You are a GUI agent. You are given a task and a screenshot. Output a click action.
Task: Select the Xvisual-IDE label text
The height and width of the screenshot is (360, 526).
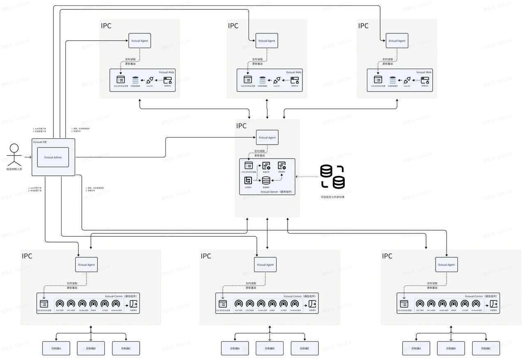40,142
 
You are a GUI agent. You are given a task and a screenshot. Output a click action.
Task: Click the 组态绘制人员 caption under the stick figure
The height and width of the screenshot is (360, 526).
14,169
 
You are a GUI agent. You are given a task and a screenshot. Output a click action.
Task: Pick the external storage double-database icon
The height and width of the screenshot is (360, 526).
332,176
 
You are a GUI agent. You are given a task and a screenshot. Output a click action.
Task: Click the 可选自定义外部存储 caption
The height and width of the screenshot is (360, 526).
332,197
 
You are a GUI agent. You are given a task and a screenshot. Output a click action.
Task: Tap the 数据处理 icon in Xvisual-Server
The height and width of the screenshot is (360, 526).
266,166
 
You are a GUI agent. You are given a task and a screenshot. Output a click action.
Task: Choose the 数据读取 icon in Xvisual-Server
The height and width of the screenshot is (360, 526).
281,166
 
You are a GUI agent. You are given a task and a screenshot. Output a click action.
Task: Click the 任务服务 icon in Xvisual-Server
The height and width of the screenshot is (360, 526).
248,180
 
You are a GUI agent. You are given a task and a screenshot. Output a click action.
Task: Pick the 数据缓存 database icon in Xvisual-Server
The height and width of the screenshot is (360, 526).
266,180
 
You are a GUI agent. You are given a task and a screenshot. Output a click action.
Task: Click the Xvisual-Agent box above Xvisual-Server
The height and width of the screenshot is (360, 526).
267,137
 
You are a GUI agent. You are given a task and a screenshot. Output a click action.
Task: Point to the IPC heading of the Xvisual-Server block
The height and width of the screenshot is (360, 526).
241,126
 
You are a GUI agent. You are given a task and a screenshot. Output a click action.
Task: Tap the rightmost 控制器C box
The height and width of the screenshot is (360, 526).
486,348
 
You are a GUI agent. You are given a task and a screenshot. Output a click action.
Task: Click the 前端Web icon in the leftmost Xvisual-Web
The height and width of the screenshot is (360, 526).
167,81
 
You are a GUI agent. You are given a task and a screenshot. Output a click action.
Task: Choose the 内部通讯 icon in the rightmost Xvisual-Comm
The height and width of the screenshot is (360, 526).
494,304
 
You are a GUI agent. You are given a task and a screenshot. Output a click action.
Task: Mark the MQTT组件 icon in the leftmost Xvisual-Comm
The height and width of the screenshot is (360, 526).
60,304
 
